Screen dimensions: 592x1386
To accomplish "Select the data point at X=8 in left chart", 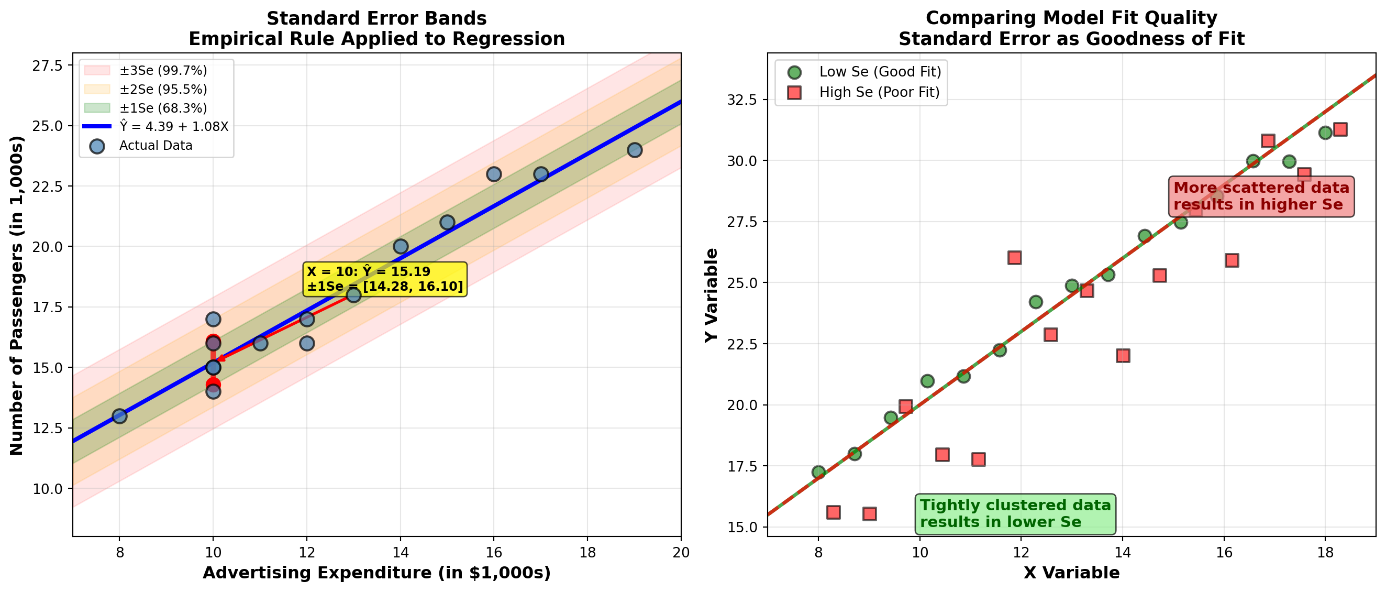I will tap(119, 416).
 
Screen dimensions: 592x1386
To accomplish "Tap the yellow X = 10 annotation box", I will tap(385, 279).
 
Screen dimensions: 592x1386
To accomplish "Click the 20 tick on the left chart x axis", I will tap(681, 553).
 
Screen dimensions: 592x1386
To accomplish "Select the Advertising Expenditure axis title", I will tap(376, 573).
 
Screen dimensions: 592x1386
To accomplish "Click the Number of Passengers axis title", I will tap(17, 295).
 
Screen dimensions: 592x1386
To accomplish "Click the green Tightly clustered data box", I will tap(1015, 513).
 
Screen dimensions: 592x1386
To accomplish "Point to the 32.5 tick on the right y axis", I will tap(742, 100).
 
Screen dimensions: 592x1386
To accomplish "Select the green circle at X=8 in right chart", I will tap(818, 472).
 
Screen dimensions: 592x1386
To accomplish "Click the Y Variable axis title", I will tap(711, 295).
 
